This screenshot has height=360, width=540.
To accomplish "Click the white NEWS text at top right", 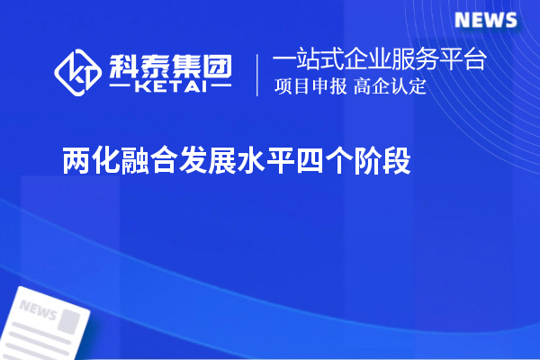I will click(x=485, y=21).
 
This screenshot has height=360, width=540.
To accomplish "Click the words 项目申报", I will click(x=310, y=87).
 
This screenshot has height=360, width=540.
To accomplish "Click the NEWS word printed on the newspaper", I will click(x=38, y=309).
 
